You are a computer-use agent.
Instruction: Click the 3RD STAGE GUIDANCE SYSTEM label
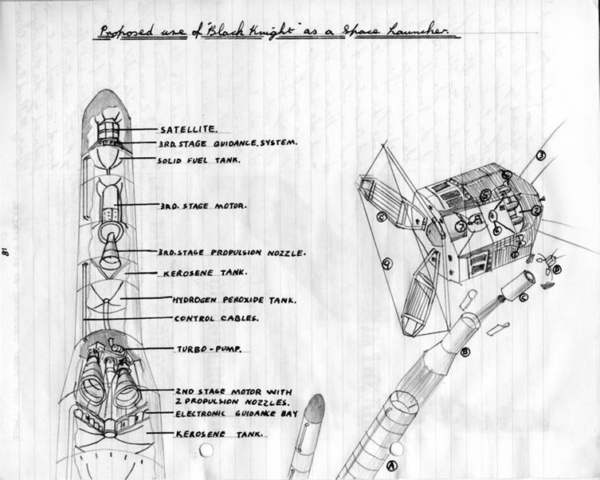tap(228, 144)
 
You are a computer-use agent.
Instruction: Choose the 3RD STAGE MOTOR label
tap(202, 205)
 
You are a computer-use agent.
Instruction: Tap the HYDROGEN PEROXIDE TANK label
tap(234, 301)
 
